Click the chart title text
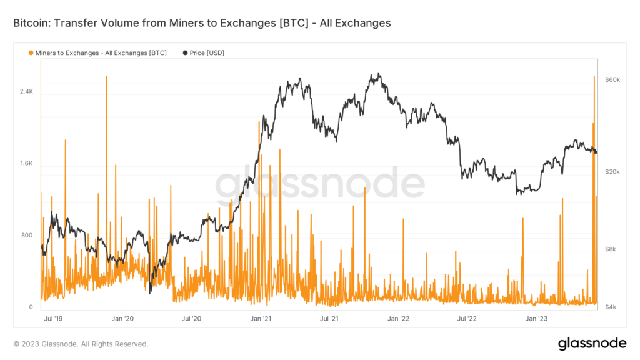(x=202, y=23)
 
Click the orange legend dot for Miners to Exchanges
(x=31, y=53)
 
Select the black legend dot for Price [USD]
(x=185, y=53)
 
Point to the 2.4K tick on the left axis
(x=26, y=92)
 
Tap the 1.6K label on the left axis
(x=26, y=164)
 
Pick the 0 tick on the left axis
(x=30, y=307)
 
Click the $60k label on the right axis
(x=612, y=80)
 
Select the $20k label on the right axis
(x=612, y=172)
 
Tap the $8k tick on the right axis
(x=611, y=249)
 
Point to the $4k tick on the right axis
(x=611, y=307)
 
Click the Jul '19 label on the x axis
(x=52, y=319)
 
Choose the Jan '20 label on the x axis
(x=122, y=319)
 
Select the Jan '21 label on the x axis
(x=260, y=319)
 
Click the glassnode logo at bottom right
(x=591, y=343)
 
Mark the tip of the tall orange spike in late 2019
(x=107, y=76)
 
